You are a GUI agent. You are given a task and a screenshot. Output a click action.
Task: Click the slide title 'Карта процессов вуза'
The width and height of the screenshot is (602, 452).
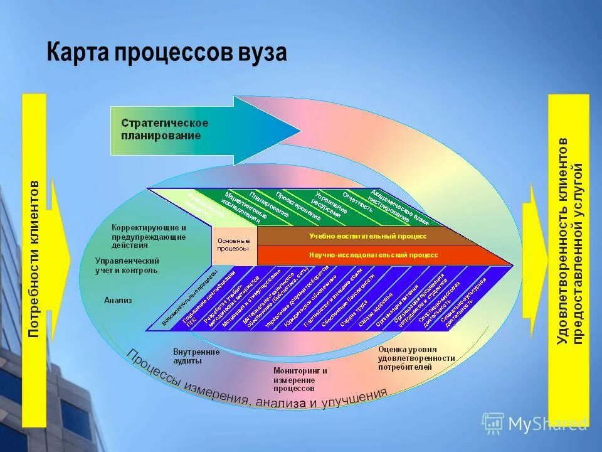pyautogui.click(x=167, y=53)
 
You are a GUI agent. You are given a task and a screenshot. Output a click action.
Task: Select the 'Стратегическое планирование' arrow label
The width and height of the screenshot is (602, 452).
pyautogui.click(x=164, y=129)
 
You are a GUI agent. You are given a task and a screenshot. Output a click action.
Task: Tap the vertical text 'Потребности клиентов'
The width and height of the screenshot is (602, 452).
pyautogui.click(x=34, y=259)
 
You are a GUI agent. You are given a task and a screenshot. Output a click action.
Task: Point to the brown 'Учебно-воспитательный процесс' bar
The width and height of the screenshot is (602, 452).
pyautogui.click(x=367, y=236)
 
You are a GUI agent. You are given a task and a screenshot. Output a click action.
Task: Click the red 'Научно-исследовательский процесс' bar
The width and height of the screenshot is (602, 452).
pyautogui.click(x=373, y=256)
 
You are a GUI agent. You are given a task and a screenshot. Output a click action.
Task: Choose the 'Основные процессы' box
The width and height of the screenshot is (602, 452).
pyautogui.click(x=233, y=244)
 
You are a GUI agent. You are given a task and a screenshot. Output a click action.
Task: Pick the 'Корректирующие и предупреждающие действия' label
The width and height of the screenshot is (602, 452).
pyautogui.click(x=149, y=237)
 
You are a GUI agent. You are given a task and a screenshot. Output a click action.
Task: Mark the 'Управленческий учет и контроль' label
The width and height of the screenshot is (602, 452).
pyautogui.click(x=127, y=265)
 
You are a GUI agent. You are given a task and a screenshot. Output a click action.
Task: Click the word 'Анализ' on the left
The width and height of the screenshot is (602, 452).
pyautogui.click(x=118, y=300)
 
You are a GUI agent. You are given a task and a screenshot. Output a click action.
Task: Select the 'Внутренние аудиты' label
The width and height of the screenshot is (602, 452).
pyautogui.click(x=196, y=357)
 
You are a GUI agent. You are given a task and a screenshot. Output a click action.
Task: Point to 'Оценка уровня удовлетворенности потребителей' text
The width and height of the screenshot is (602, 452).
pyautogui.click(x=416, y=358)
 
